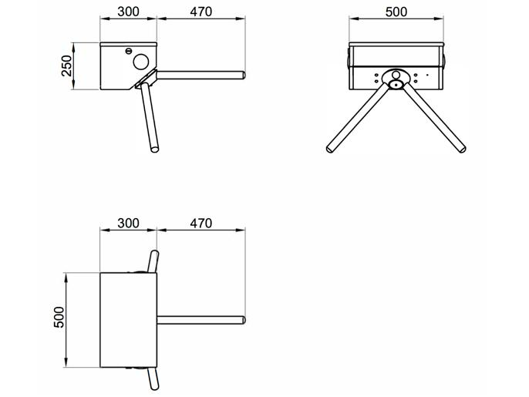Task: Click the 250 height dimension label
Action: pos(67,67)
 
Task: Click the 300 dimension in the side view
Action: pos(128,13)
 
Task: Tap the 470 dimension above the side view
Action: pos(200,13)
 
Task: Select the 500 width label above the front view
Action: pos(396,13)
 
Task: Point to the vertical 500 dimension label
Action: pos(59,318)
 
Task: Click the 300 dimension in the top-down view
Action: pos(128,223)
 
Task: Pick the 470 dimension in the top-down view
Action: pos(200,223)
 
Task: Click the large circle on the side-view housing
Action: pos(141,59)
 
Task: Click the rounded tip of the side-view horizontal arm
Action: pos(242,76)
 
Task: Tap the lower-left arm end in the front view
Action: pos(330,148)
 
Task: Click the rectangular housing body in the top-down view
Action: pos(128,318)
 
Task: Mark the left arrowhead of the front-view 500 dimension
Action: pos(349,21)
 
